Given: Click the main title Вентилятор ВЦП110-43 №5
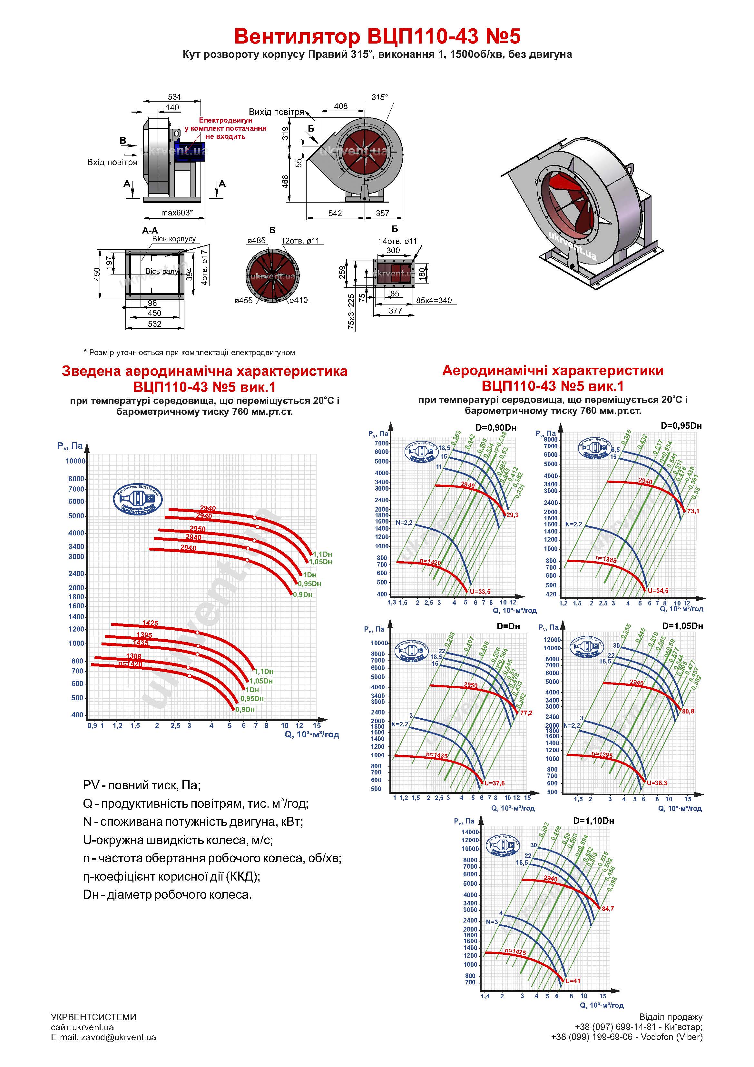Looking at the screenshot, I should pyautogui.click(x=377, y=36).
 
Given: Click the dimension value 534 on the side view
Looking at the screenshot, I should pyautogui.click(x=174, y=97).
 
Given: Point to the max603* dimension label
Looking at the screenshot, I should pyautogui.click(x=177, y=213).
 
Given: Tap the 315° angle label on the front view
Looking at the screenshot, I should pyautogui.click(x=379, y=97).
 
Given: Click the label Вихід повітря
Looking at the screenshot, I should pyautogui.click(x=276, y=112).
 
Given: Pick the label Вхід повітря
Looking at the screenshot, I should pyautogui.click(x=112, y=162).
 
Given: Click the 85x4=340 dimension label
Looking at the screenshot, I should pyautogui.click(x=434, y=300).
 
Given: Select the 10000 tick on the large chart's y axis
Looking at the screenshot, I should pyautogui.click(x=75, y=461).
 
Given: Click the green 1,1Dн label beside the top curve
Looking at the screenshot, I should pyautogui.click(x=322, y=554).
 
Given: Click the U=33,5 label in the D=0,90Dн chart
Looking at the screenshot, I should pyautogui.click(x=480, y=592).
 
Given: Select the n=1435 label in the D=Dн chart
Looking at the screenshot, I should pyautogui.click(x=437, y=756).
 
